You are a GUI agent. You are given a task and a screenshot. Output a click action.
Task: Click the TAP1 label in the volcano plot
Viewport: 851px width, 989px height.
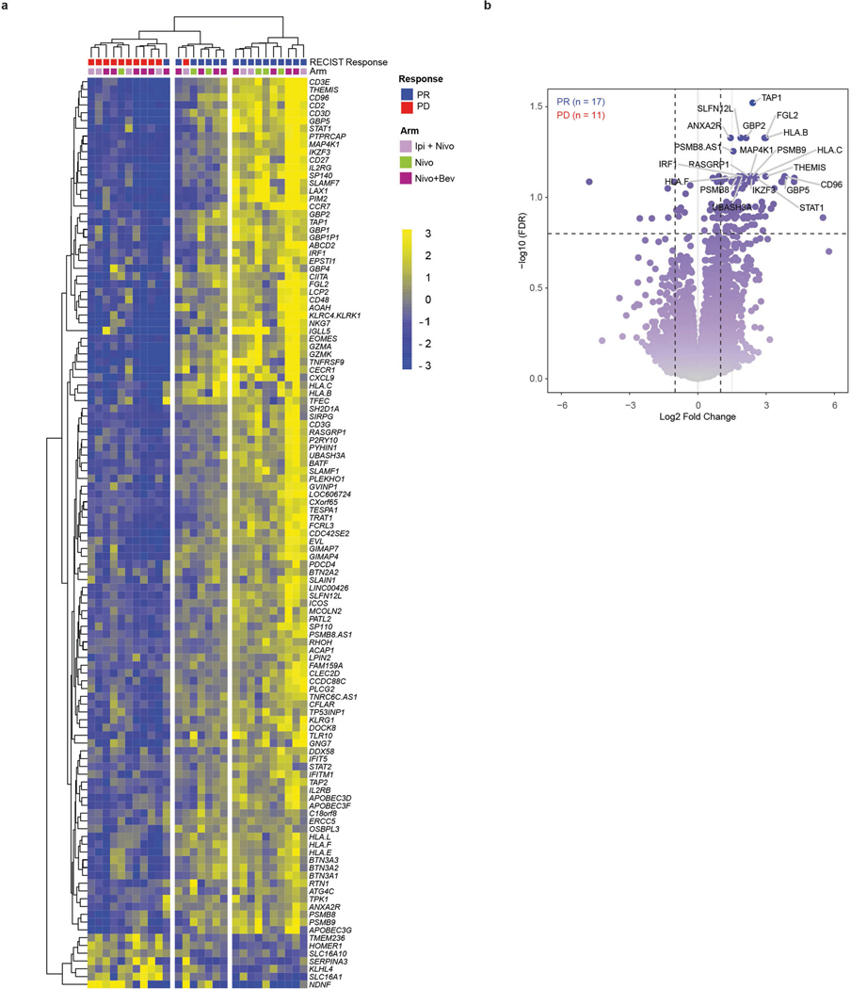click(772, 97)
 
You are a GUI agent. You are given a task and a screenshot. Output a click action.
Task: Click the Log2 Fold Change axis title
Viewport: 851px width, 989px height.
click(698, 417)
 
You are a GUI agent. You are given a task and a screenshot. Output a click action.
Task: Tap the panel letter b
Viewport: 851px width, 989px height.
click(541, 7)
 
